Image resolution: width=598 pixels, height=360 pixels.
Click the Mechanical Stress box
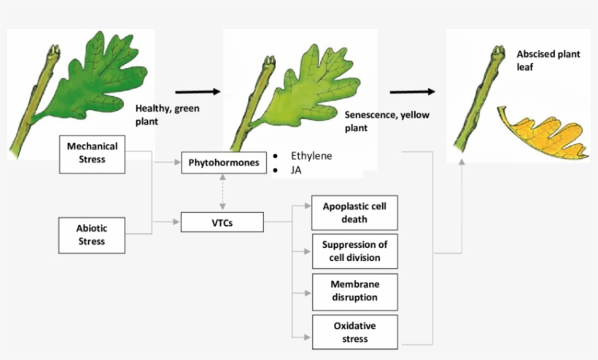[92, 153]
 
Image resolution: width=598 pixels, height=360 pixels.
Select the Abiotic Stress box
[92, 235]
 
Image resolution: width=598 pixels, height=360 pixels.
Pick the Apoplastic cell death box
[354, 213]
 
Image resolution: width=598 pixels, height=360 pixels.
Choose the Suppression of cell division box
[354, 251]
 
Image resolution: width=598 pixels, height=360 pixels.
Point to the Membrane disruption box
[354, 291]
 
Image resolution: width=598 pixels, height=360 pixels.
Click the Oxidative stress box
[354, 332]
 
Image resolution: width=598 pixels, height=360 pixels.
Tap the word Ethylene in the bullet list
[311, 155]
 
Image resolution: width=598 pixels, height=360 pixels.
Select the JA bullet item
[298, 171]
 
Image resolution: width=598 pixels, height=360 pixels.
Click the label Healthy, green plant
[167, 114]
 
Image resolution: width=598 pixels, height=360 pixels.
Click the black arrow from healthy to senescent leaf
[198, 92]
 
